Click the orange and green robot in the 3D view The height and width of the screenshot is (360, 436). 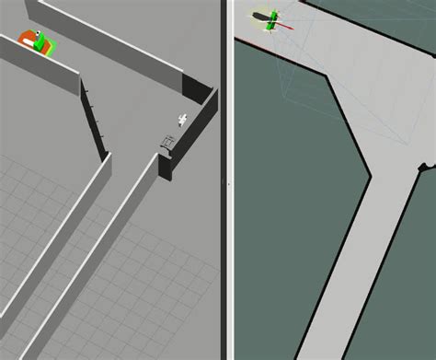[x=38, y=41]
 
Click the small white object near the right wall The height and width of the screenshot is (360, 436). [x=183, y=118]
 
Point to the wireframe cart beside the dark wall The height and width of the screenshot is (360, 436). [x=168, y=142]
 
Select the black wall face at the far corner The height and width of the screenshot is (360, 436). [x=197, y=88]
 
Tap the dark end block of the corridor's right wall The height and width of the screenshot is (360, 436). [x=165, y=168]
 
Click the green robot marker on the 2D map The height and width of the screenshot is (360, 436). [x=270, y=21]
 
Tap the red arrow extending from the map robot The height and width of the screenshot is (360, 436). [x=287, y=26]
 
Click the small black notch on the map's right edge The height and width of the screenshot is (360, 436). [x=424, y=168]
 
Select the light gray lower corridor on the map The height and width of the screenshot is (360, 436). [x=359, y=267]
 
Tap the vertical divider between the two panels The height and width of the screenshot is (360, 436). [x=228, y=180]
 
